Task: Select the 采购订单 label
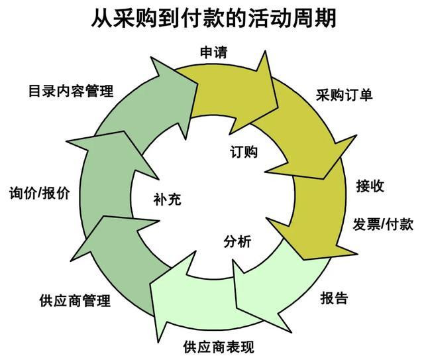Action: click(344, 94)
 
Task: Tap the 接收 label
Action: click(370, 185)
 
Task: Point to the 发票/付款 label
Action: click(383, 223)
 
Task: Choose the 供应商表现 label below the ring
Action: click(218, 346)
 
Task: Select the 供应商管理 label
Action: click(75, 301)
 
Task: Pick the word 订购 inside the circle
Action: click(244, 151)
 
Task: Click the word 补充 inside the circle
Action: click(166, 198)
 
